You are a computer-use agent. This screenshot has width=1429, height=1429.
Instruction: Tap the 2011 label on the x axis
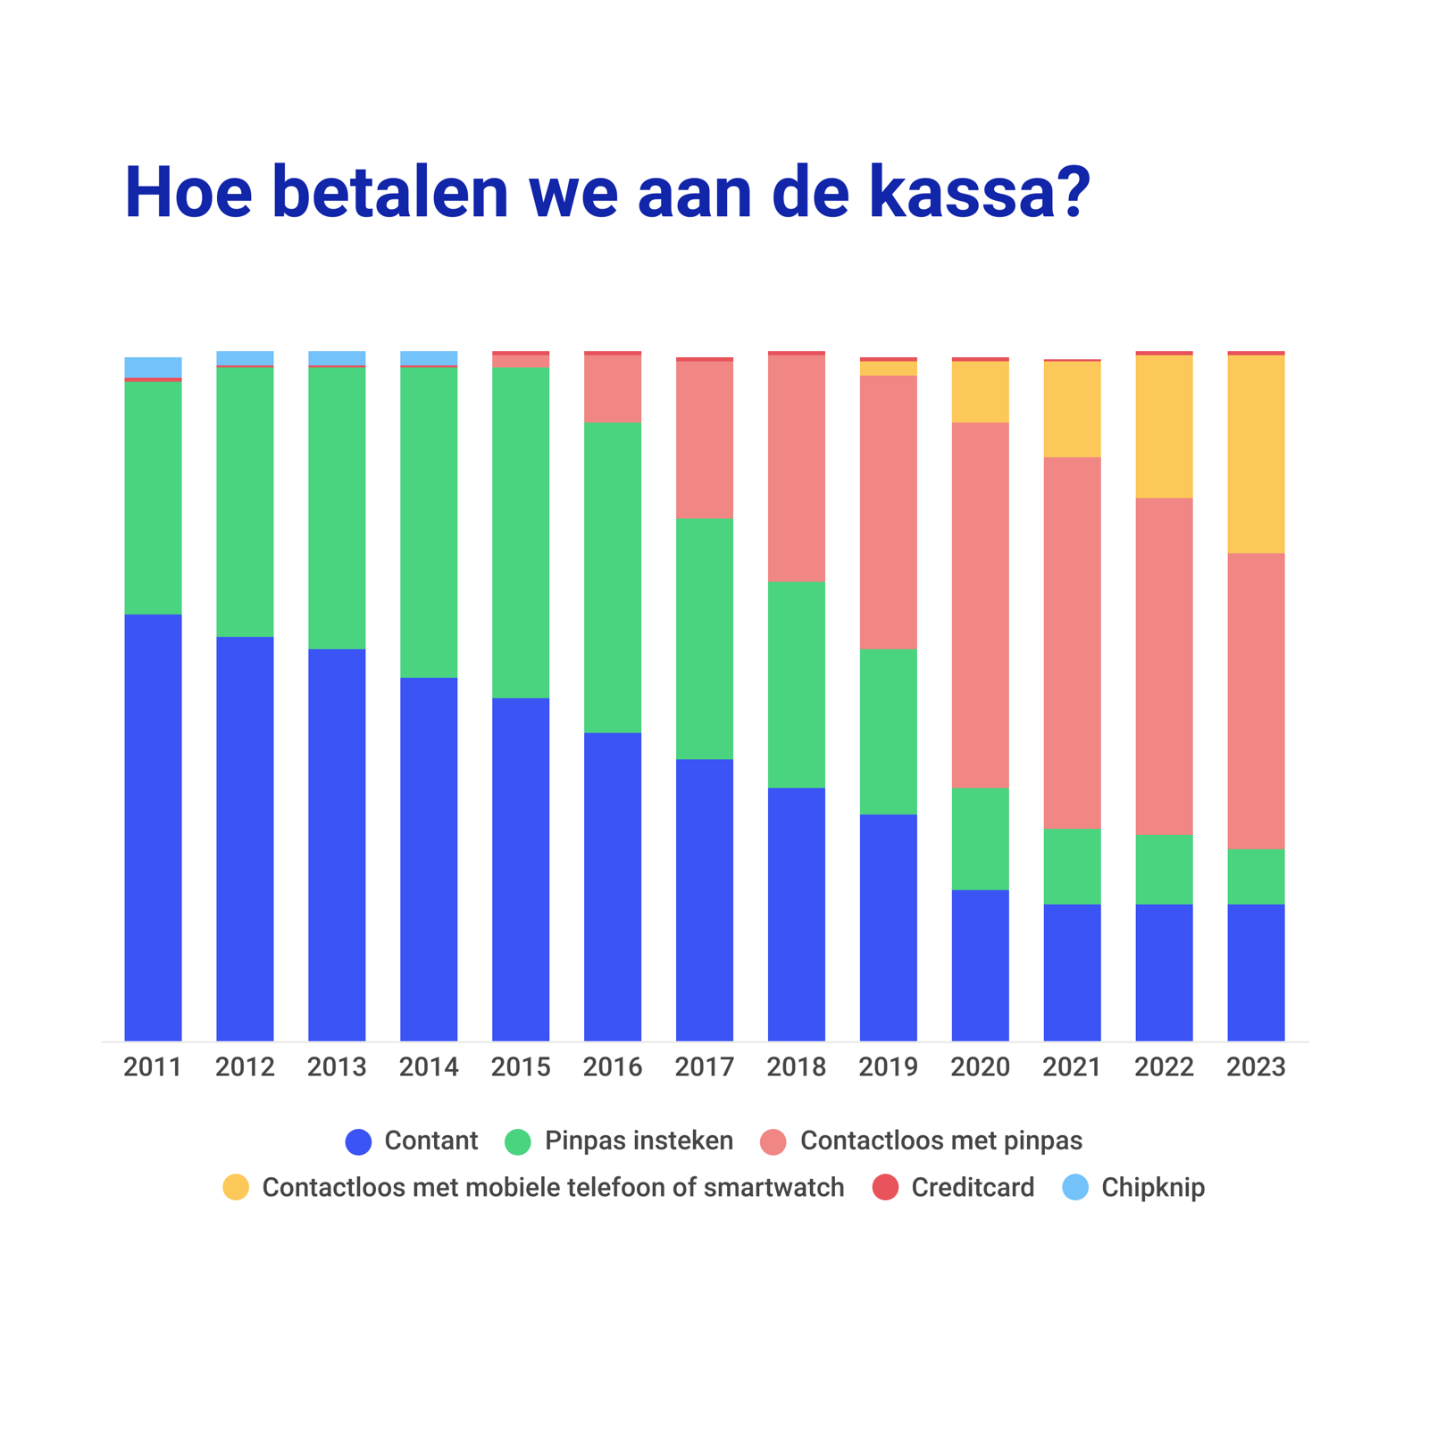(153, 1066)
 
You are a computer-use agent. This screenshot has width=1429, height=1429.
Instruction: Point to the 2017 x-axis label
(705, 1066)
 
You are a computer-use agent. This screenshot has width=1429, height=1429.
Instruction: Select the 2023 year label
(1256, 1066)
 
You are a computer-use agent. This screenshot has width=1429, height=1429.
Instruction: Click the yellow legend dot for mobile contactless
(236, 1187)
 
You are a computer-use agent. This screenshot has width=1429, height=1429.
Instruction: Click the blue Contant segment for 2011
(153, 826)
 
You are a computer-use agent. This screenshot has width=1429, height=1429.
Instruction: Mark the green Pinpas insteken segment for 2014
(429, 522)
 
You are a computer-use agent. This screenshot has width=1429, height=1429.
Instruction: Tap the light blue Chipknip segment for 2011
(153, 367)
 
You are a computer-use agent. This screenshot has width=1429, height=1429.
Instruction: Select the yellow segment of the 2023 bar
(1256, 454)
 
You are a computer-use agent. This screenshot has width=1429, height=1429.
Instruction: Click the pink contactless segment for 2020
(980, 605)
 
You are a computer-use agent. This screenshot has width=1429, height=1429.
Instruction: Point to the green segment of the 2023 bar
(1256, 876)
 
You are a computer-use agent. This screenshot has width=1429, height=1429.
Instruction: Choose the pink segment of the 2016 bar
(613, 389)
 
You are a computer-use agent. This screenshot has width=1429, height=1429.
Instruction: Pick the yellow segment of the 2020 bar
(980, 392)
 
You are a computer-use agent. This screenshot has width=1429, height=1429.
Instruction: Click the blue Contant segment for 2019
(888, 927)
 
